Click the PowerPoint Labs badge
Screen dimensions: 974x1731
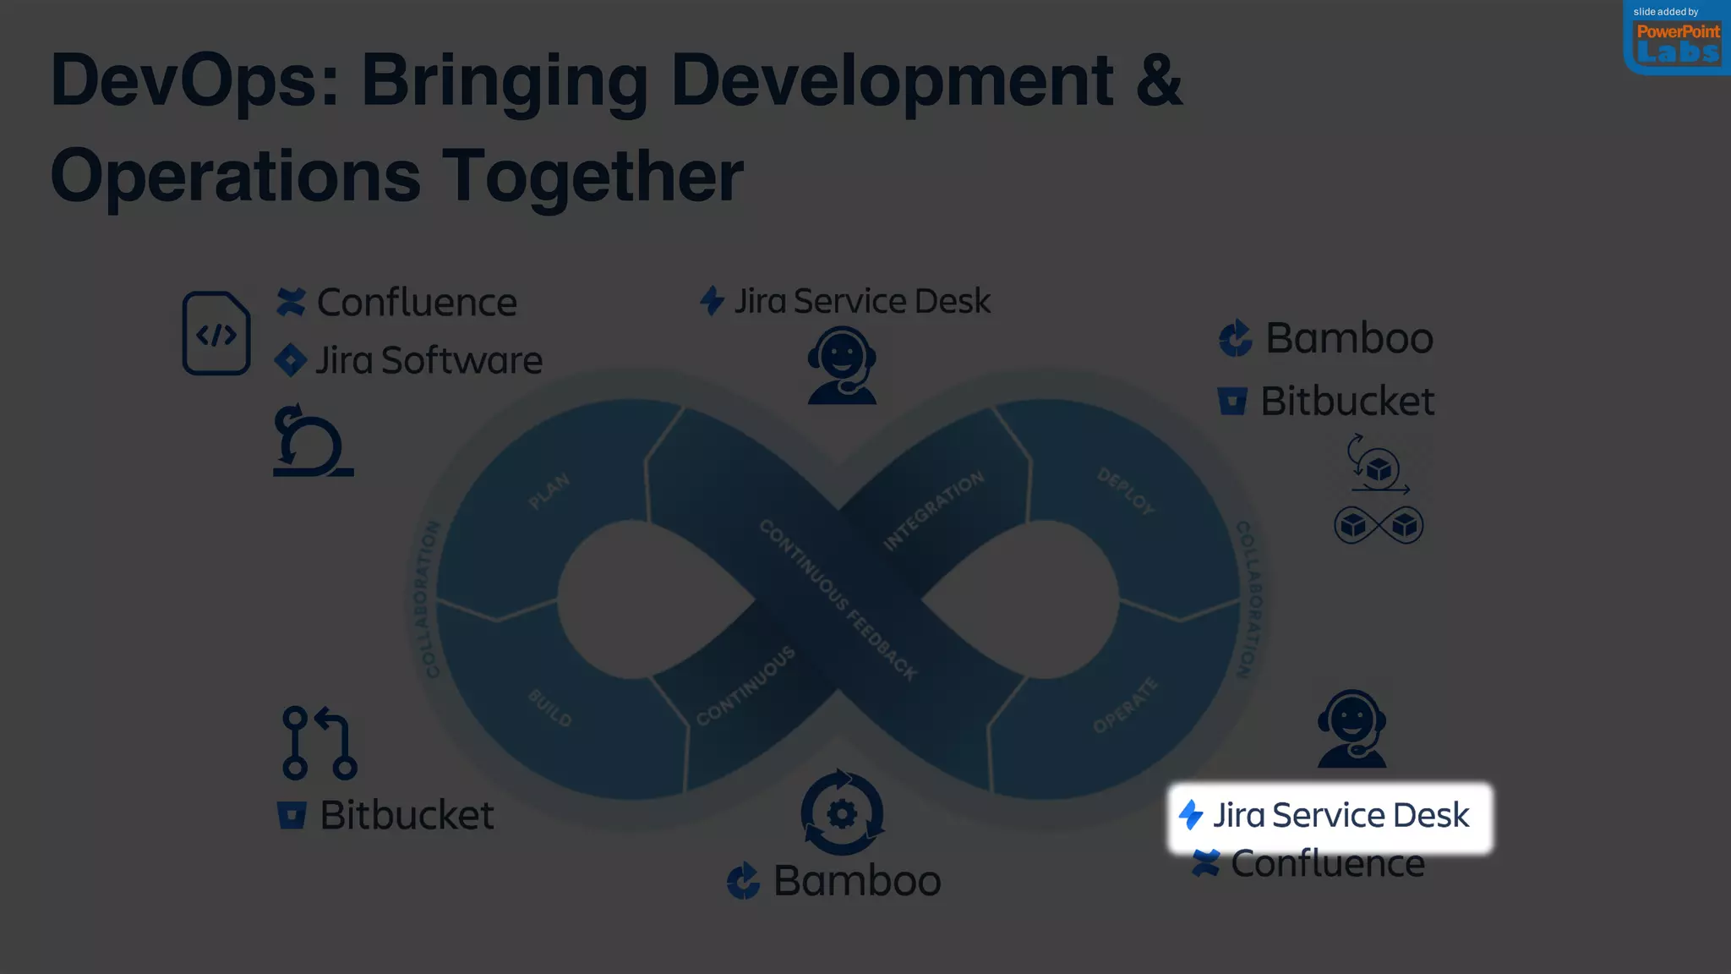pyautogui.click(x=1677, y=40)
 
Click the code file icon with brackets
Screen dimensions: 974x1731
pyautogui.click(x=216, y=333)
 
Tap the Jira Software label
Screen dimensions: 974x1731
pyautogui.click(x=409, y=360)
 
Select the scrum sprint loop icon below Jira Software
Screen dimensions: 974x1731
pyautogui.click(x=312, y=441)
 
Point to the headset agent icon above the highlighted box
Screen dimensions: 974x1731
pyautogui.click(x=1351, y=729)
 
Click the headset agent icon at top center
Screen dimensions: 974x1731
pyautogui.click(x=841, y=366)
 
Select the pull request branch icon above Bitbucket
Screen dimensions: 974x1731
pyautogui.click(x=319, y=743)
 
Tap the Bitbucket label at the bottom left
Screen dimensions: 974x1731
pyautogui.click(x=386, y=816)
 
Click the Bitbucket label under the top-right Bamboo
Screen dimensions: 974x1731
pyautogui.click(x=1326, y=401)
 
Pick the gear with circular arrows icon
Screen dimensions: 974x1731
pyautogui.click(x=842, y=813)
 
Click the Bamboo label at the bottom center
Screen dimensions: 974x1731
pyautogui.click(x=834, y=881)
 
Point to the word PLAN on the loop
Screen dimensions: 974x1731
pyautogui.click(x=549, y=491)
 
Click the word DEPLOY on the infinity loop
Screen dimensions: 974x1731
pyautogui.click(x=1126, y=491)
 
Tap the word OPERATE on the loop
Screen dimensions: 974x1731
pyautogui.click(x=1125, y=705)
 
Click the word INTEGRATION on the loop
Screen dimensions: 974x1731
pyautogui.click(x=934, y=511)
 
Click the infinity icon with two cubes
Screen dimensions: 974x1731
pyautogui.click(x=1379, y=525)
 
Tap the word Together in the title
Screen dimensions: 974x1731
pyautogui.click(x=592, y=177)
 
